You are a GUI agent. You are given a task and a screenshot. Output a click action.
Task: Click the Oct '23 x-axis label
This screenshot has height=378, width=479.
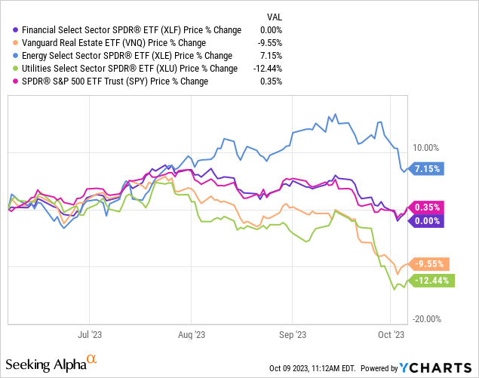[x=390, y=333]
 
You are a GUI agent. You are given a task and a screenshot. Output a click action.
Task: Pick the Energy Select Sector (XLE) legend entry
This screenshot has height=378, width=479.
[x=124, y=55]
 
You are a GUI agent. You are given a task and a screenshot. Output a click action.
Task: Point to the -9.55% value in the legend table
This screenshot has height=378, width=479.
[x=269, y=42]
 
